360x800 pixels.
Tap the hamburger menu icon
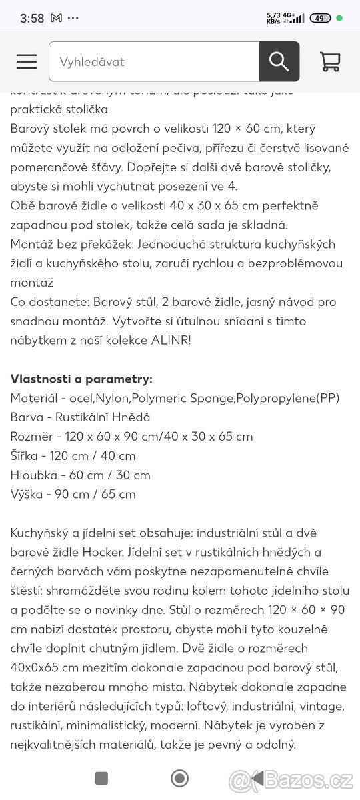point(27,61)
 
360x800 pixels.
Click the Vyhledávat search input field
point(154,61)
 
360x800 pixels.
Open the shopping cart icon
point(330,61)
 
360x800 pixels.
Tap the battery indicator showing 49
point(321,18)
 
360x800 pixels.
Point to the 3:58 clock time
point(32,19)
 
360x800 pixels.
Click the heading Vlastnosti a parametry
point(81,379)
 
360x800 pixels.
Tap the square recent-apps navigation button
point(101,778)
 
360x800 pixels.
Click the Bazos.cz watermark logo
point(302,780)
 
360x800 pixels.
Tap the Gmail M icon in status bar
point(56,19)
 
